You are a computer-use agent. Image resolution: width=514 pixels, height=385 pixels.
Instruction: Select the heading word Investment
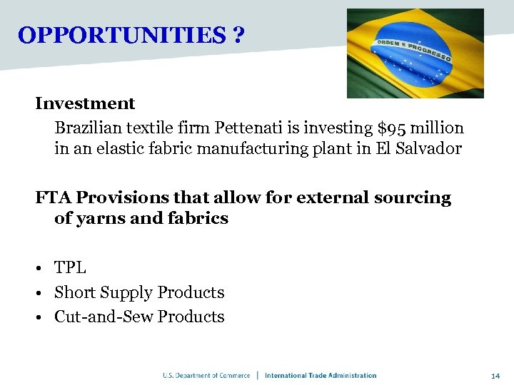85,103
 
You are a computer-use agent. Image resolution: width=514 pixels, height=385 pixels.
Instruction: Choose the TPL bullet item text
70,268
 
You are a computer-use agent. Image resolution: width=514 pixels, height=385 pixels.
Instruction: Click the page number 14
495,376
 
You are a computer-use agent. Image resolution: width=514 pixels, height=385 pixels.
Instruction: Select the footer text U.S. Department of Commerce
206,376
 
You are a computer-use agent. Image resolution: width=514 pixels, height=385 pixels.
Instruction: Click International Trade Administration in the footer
321,376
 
